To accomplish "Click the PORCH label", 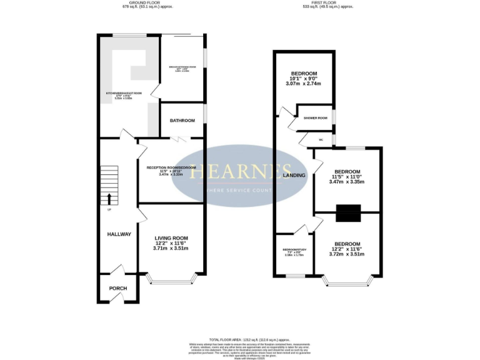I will click(118, 288).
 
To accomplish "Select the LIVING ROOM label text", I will click(171, 238).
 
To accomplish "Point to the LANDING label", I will click(294, 176).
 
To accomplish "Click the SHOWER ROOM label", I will click(316, 118).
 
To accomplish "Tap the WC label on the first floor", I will click(321, 139).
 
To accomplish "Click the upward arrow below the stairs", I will click(110, 199).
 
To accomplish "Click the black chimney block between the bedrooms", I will click(346, 214).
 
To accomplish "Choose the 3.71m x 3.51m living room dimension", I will click(171, 249).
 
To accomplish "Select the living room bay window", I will click(171, 282).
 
